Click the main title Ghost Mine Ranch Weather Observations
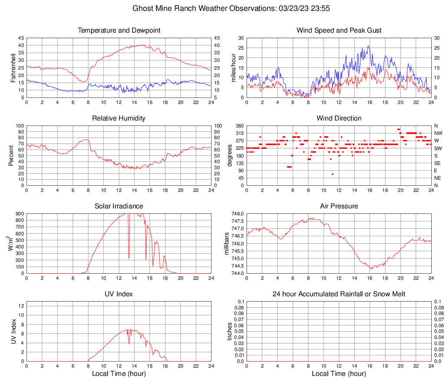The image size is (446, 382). (223, 8)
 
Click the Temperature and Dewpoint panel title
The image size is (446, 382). (119, 30)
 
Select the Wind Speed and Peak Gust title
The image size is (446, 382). (339, 30)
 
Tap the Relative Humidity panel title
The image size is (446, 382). (119, 118)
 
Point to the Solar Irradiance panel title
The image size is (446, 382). (119, 206)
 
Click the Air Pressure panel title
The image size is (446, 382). (339, 206)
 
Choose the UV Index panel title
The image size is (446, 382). (119, 294)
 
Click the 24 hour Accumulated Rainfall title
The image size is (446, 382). (339, 294)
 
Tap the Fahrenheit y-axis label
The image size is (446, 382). (12, 67)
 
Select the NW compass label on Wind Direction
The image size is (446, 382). (438, 133)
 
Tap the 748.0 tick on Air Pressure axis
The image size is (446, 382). (237, 214)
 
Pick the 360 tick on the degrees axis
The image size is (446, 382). (239, 126)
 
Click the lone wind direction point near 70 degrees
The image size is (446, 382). (333, 174)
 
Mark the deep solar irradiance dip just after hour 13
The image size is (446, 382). (129, 258)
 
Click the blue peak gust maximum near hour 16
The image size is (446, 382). (368, 46)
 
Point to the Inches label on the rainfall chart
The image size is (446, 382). (230, 331)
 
